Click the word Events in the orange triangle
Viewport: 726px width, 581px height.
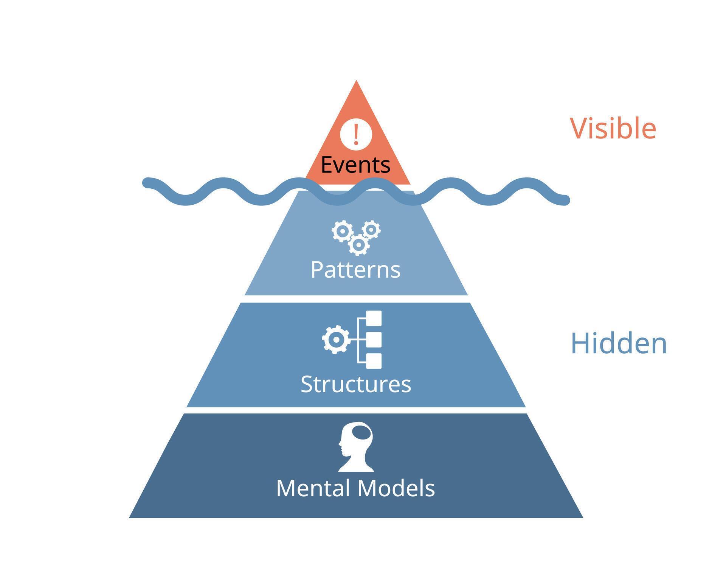355,165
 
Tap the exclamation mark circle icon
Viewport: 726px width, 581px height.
356,134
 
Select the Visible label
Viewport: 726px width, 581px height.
613,129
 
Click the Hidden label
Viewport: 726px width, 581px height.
619,343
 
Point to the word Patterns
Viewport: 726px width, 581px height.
355,270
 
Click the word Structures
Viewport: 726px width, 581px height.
356,384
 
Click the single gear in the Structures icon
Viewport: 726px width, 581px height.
335,340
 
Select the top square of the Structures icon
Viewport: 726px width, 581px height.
374,318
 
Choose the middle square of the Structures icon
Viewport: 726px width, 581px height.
374,340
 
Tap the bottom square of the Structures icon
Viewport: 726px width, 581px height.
374,361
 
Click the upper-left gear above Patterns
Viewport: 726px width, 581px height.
343,231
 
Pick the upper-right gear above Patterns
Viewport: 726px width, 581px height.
371,229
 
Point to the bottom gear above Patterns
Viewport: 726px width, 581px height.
358,245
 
